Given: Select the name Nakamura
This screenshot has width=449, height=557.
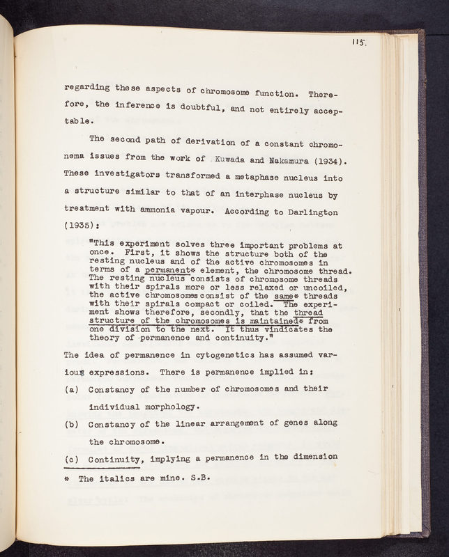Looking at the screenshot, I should (x=291, y=164).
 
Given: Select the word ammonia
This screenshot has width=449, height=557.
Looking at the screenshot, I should (x=201, y=207).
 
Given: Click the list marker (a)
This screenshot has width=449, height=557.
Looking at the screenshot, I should (x=70, y=387).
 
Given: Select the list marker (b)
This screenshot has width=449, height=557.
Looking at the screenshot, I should (x=70, y=423).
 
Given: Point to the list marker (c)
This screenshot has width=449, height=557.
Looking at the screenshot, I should (x=70, y=457).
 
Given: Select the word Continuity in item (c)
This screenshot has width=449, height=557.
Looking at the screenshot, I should (x=116, y=457).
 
